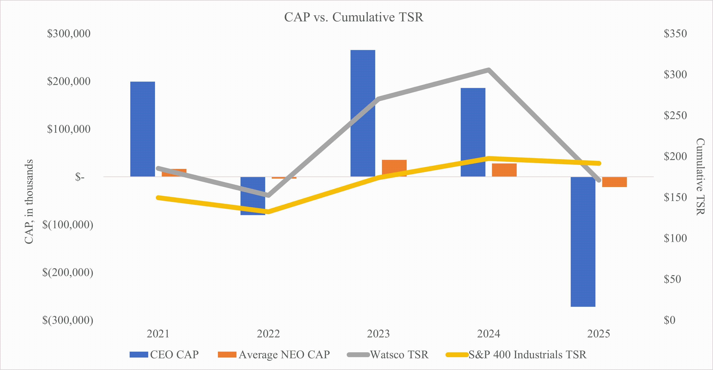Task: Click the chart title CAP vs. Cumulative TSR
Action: (x=354, y=17)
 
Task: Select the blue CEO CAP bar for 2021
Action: (x=143, y=129)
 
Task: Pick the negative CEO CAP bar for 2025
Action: (x=583, y=242)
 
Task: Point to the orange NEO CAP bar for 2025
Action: (x=614, y=182)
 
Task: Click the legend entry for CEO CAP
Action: (x=164, y=355)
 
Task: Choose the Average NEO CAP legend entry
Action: (x=274, y=355)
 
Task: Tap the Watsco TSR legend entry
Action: (x=387, y=355)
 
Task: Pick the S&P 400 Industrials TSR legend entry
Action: (x=516, y=355)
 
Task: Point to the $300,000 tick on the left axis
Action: (x=69, y=34)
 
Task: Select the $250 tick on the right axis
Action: (x=675, y=116)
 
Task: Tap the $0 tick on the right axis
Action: (x=670, y=320)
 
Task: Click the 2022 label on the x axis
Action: (x=268, y=334)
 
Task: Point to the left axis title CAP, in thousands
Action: (x=29, y=202)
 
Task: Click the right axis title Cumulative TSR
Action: (x=700, y=177)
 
